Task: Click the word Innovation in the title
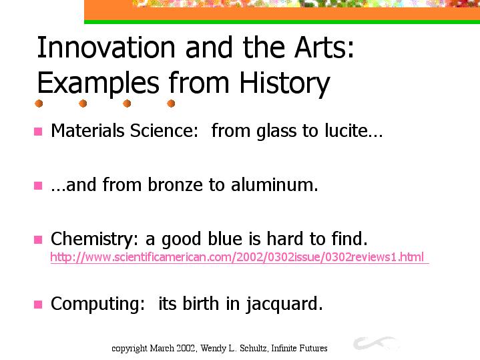pyautogui.click(x=106, y=47)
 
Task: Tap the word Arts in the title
pyautogui.click(x=324, y=47)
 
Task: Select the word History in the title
pyautogui.click(x=284, y=83)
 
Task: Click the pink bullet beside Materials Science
pyautogui.click(x=38, y=132)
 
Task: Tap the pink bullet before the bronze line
pyautogui.click(x=38, y=186)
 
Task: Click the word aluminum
pyautogui.click(x=274, y=185)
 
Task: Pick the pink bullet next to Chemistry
pyautogui.click(x=38, y=240)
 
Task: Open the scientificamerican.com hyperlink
pyautogui.click(x=237, y=257)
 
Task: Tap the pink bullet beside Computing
pyautogui.click(x=38, y=305)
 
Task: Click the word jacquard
pyautogui.click(x=284, y=305)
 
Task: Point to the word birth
pyautogui.click(x=201, y=304)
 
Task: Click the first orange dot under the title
pyautogui.click(x=39, y=104)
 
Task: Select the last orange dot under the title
pyautogui.click(x=171, y=104)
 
